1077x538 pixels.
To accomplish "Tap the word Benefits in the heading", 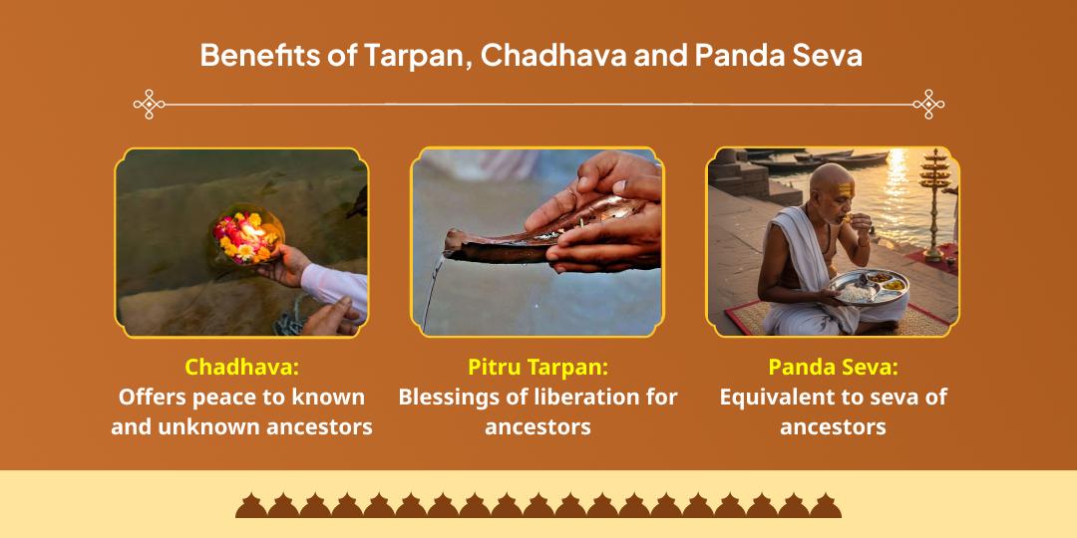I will [x=261, y=55].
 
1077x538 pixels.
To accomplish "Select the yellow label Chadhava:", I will [x=241, y=367].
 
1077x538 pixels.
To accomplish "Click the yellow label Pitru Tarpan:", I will [x=538, y=367].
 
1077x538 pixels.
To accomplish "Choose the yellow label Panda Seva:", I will [x=833, y=367].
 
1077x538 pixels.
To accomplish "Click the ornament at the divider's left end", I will [x=150, y=104].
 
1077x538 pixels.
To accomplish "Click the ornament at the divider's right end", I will [x=928, y=104].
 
